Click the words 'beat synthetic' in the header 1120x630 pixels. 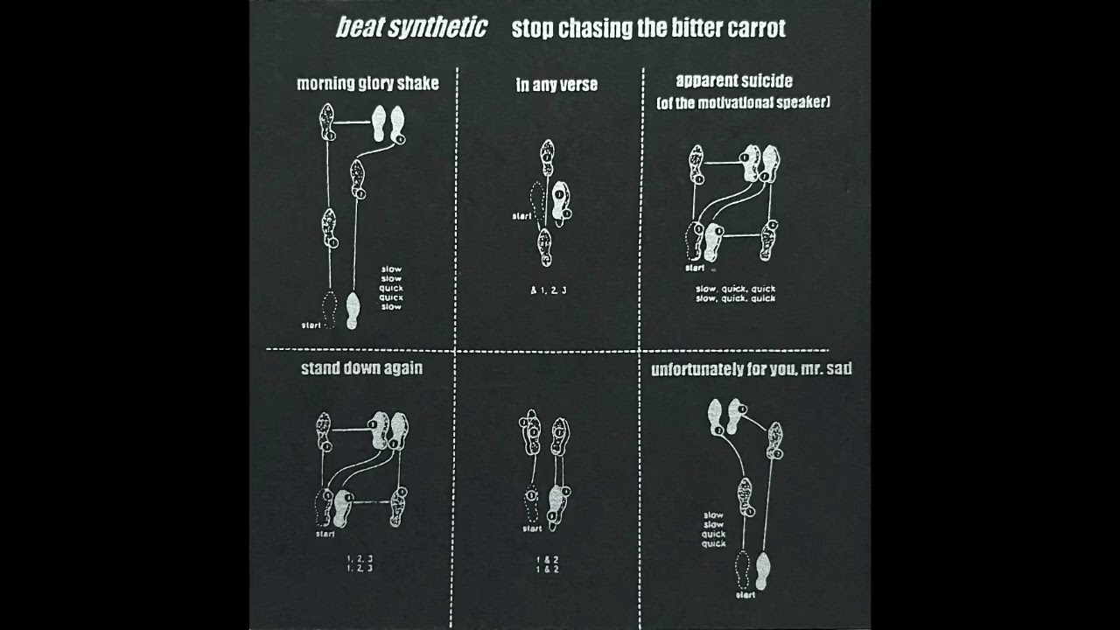coord(411,28)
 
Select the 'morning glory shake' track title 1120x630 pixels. coord(367,84)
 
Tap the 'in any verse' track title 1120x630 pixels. coord(556,85)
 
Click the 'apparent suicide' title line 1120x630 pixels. coord(734,81)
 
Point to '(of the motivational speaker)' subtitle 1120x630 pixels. coord(743,102)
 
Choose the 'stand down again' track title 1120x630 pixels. coord(361,368)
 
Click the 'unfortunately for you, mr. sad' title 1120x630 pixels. coord(751,369)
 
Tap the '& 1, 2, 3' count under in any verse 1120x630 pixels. coord(549,290)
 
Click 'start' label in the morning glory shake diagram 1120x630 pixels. coord(311,325)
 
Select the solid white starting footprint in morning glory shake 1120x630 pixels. coord(353,311)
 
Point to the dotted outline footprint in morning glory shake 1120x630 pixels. coord(330,308)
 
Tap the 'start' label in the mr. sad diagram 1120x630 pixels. coord(745,595)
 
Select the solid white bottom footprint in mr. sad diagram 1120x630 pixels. coord(762,570)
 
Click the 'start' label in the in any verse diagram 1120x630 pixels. coord(521,216)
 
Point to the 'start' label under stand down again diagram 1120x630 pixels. coord(325,533)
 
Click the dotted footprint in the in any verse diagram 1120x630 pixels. coord(538,200)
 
